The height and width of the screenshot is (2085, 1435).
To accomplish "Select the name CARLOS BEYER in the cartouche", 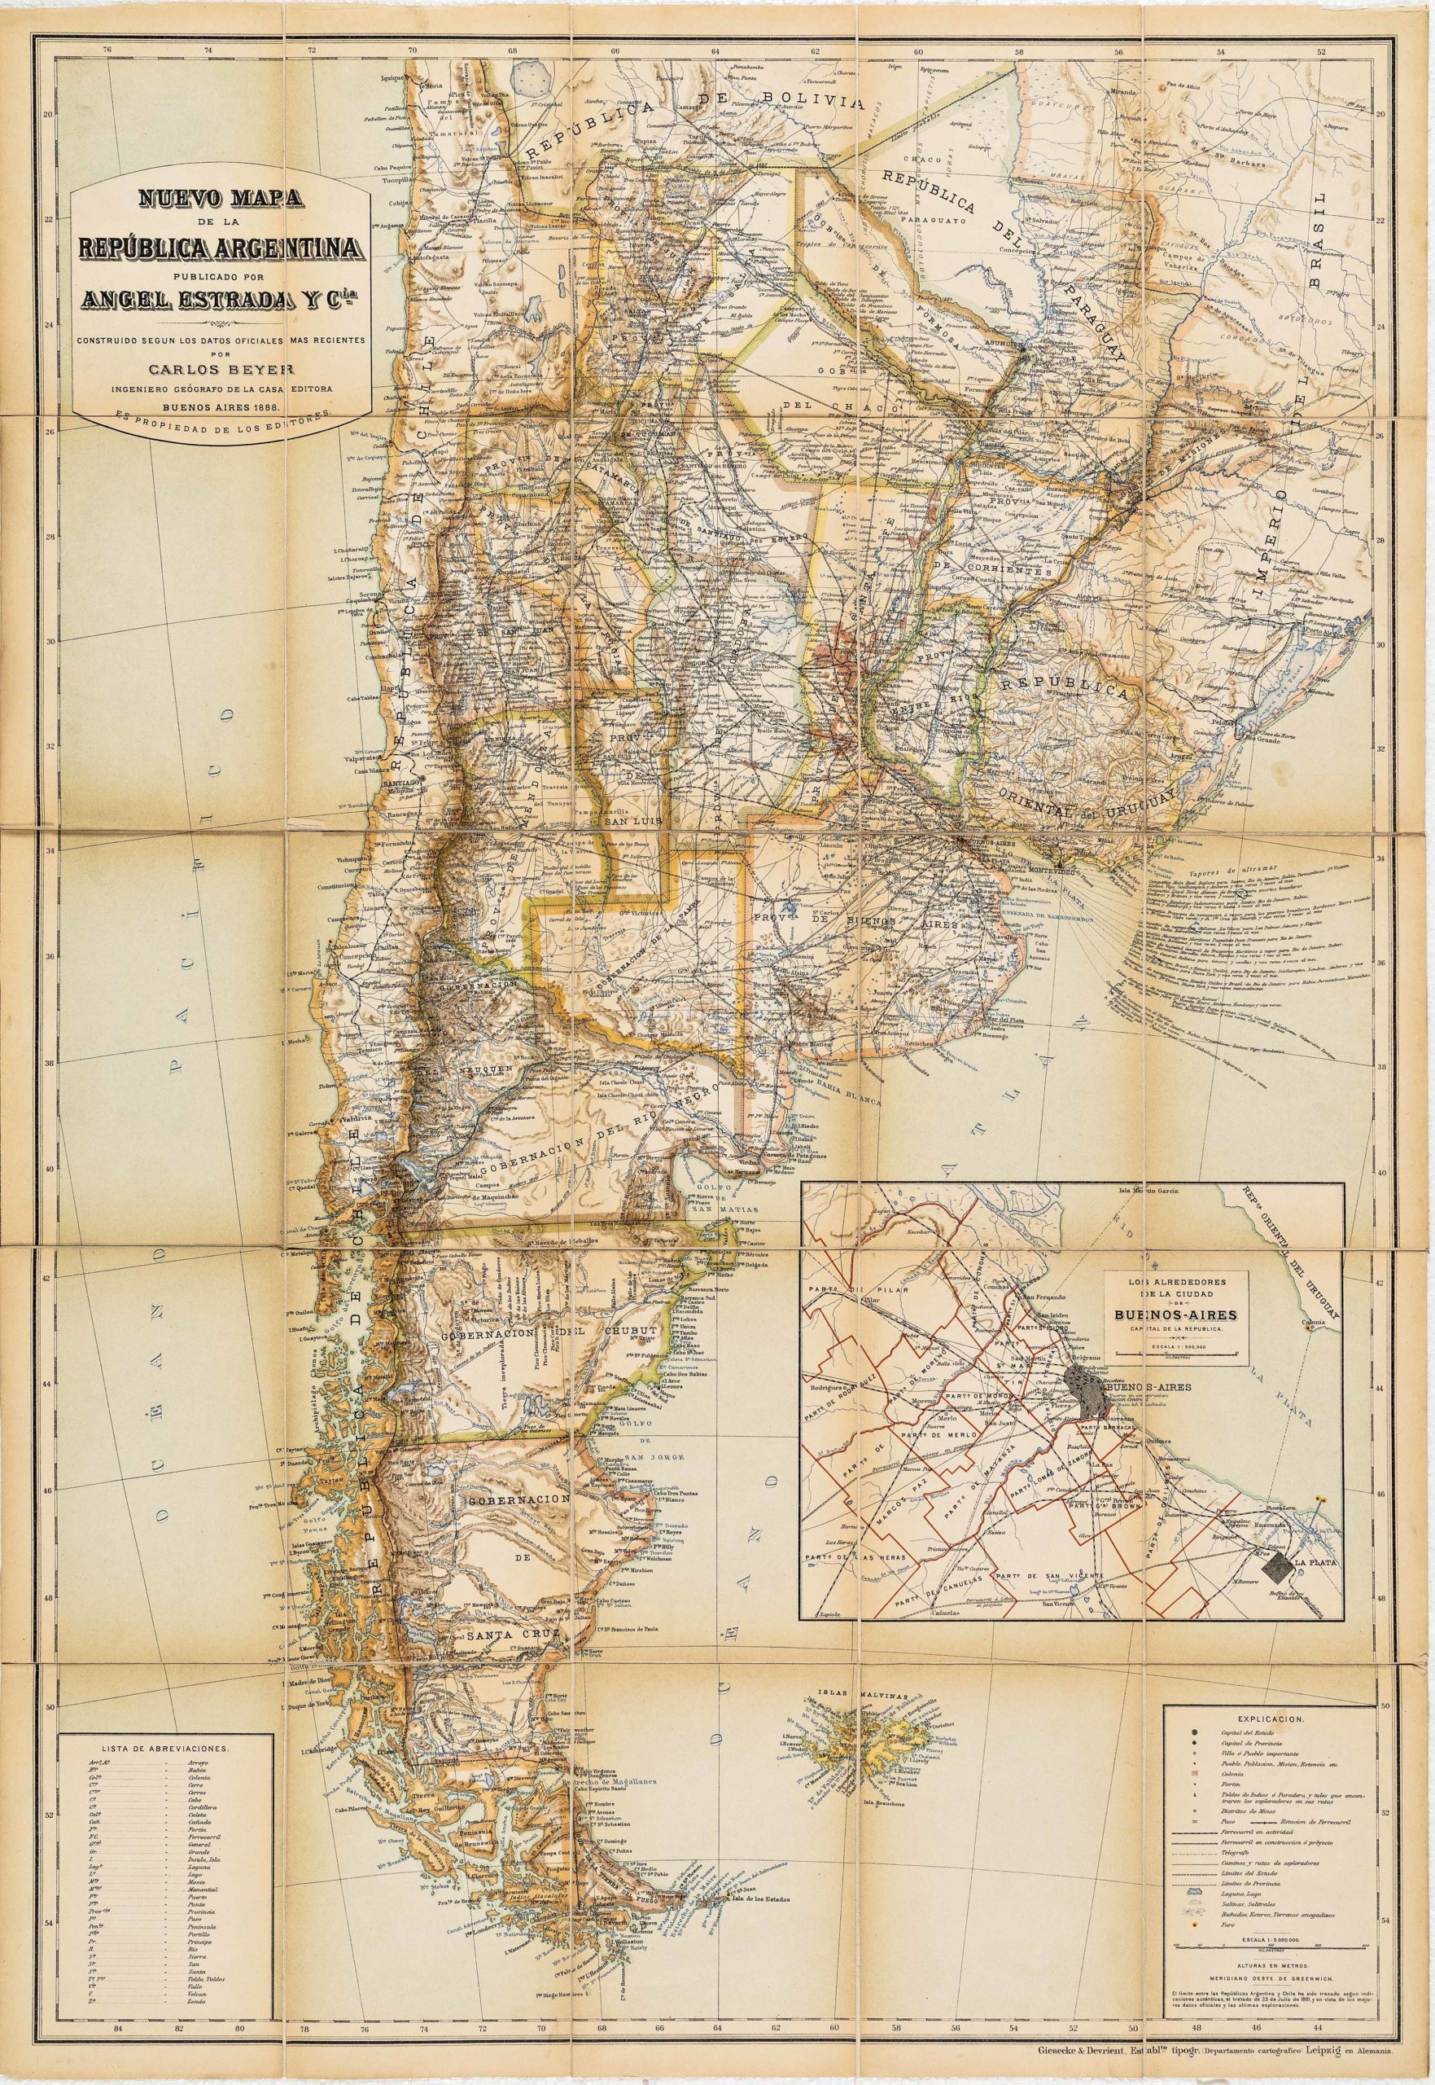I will pos(220,368).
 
